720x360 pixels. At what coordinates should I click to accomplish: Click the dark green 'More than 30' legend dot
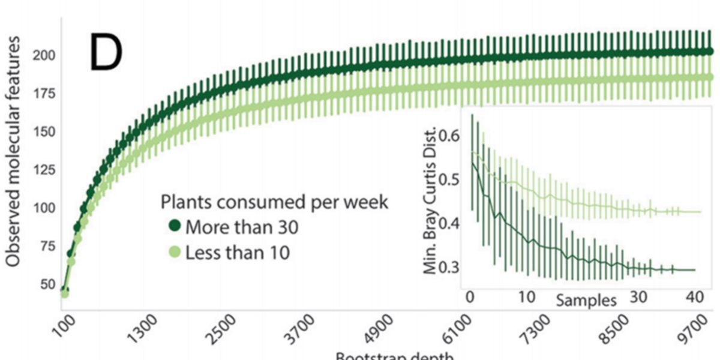[x=175, y=227]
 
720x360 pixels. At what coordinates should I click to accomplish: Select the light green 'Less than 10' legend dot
[x=175, y=253]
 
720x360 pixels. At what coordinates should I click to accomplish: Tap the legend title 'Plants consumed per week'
[x=274, y=202]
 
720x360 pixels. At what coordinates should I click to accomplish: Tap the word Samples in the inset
[x=586, y=300]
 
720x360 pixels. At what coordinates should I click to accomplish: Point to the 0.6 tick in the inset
[x=450, y=136]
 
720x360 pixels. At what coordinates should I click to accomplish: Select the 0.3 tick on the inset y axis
[x=450, y=267]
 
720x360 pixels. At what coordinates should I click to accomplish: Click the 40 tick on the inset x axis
[x=694, y=296]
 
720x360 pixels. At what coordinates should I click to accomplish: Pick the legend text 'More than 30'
[x=242, y=227]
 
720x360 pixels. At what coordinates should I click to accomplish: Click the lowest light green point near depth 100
[x=65, y=293]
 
